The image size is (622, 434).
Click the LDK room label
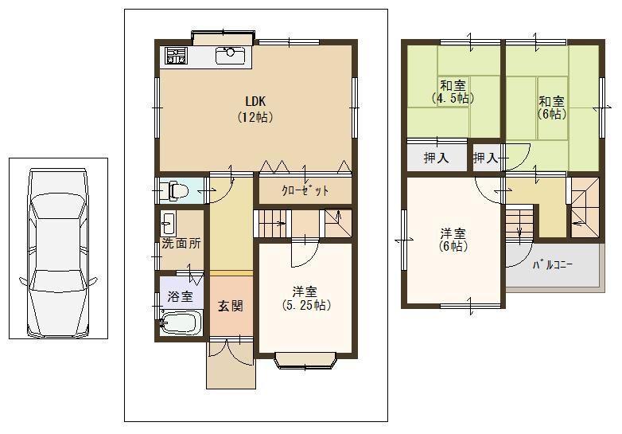click(x=255, y=101)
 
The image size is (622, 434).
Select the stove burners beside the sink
click(x=175, y=56)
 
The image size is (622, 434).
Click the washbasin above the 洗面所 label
click(x=169, y=221)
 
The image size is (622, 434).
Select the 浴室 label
click(x=180, y=296)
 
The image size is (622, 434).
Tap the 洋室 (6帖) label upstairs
click(x=453, y=240)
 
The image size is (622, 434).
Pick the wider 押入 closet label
click(x=436, y=158)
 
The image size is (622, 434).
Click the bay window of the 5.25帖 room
click(x=305, y=360)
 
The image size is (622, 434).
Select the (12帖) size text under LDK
click(x=255, y=116)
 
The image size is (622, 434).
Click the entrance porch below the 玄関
click(x=230, y=366)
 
